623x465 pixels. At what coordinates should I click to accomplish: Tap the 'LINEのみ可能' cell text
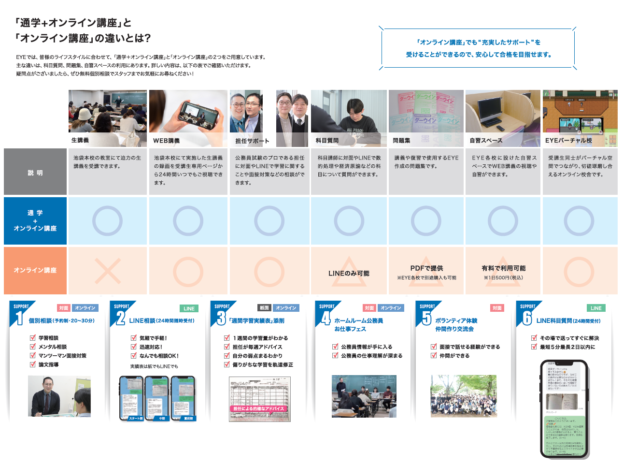[349, 274]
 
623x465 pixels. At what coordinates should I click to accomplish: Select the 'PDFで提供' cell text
[426, 268]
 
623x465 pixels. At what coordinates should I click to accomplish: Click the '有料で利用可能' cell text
[503, 268]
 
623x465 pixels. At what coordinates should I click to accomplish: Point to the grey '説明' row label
[35, 173]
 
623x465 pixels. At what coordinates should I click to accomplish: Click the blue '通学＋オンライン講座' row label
[35, 220]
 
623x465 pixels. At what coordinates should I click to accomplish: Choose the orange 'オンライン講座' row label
[35, 270]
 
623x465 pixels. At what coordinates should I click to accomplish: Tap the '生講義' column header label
[80, 140]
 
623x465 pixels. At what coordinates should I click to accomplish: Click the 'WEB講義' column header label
[166, 141]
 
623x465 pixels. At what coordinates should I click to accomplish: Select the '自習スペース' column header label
[486, 141]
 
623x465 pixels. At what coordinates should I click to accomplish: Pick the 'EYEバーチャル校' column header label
[568, 141]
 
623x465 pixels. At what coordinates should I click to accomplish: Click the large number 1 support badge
[19, 318]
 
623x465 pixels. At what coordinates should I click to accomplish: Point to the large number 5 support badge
[426, 318]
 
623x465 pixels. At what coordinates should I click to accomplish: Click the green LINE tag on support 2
[189, 308]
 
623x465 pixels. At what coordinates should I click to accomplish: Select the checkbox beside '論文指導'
[33, 364]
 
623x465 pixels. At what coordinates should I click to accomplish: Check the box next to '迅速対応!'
[134, 347]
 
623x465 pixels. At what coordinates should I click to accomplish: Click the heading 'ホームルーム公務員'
[358, 320]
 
